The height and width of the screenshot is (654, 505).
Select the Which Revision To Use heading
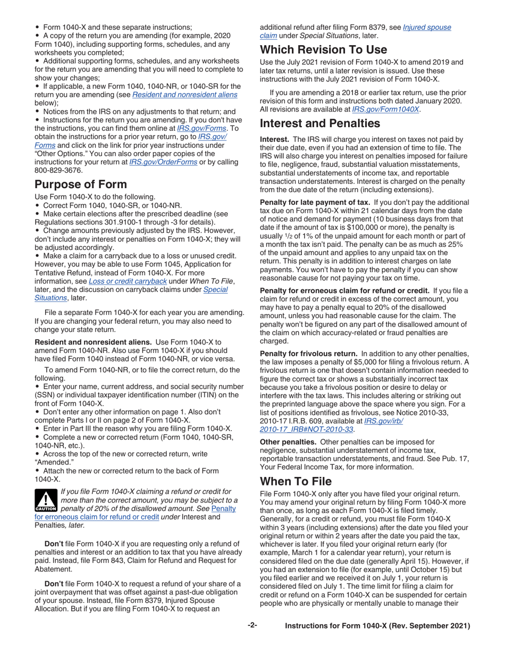(323, 50)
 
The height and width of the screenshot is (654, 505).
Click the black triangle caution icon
(45, 500)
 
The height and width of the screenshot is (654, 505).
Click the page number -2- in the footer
(252, 626)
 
